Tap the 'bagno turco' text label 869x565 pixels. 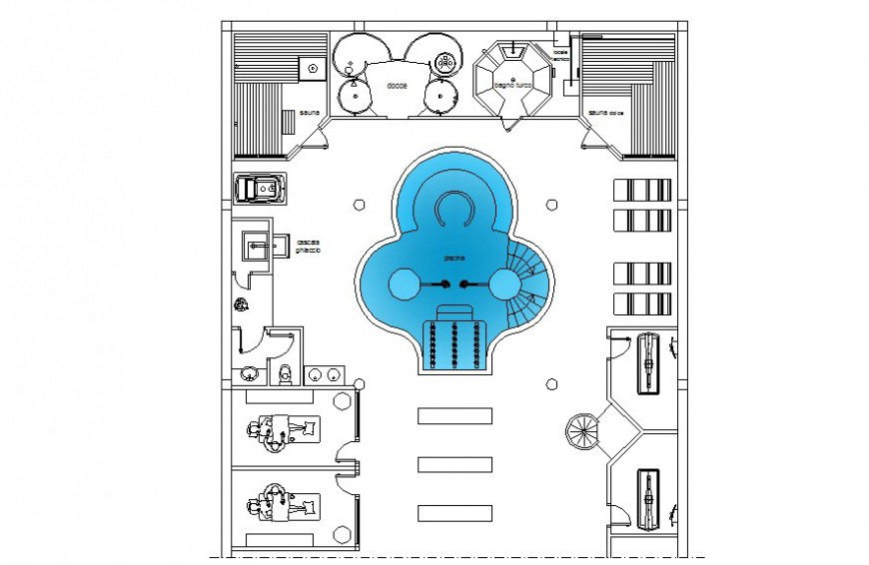tap(513, 87)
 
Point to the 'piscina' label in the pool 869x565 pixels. tap(454, 259)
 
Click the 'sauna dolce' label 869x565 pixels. tap(606, 113)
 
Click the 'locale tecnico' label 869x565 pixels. tap(561, 55)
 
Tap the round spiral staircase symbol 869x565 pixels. tap(581, 432)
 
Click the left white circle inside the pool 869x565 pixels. tap(406, 284)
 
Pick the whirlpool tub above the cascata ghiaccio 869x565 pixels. tap(261, 189)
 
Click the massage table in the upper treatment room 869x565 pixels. tap(285, 430)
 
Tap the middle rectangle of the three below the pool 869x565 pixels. tap(455, 464)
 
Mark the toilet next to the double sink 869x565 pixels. tap(286, 374)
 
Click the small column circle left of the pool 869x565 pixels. tap(360, 205)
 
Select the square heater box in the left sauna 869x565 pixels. tap(313, 69)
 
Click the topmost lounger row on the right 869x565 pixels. tap(640, 190)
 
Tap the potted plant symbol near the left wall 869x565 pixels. tap(240, 305)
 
